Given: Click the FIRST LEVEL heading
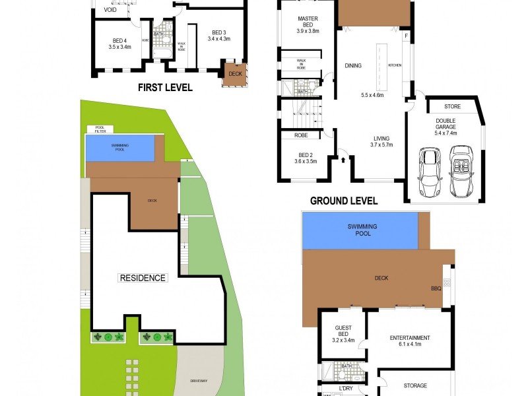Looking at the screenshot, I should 165,87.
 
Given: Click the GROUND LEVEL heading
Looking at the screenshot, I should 343,201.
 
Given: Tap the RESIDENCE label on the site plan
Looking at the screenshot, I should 143,278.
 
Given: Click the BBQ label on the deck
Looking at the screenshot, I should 436,288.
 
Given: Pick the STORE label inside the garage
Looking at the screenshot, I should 452,106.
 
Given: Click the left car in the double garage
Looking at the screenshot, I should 430,173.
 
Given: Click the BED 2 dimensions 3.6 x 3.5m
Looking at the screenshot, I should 306,161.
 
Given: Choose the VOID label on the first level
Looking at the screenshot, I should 110,10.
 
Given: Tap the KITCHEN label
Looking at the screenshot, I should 395,65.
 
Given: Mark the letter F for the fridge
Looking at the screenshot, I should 407,35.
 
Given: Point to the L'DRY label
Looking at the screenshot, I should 346,389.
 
